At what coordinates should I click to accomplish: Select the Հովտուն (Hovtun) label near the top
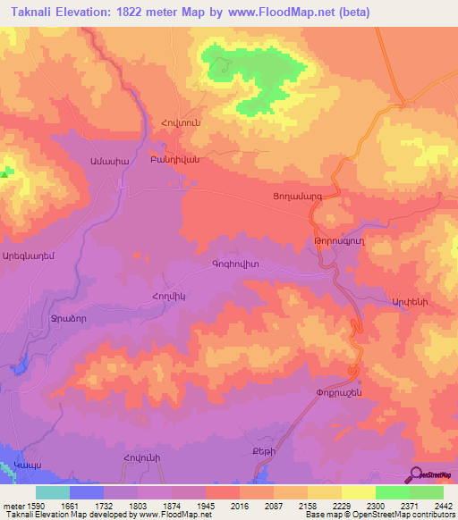[x=179, y=122]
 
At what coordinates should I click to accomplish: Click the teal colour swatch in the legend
[x=53, y=492]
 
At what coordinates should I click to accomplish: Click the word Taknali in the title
[x=34, y=12]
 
